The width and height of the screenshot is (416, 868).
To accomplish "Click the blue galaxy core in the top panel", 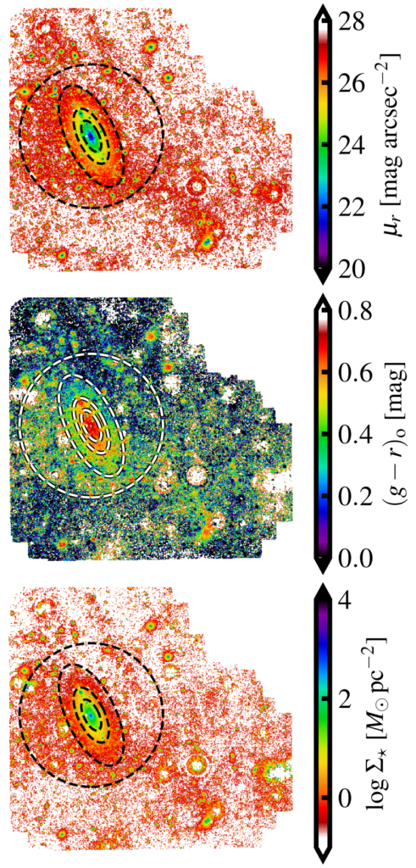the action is tap(92, 136).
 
